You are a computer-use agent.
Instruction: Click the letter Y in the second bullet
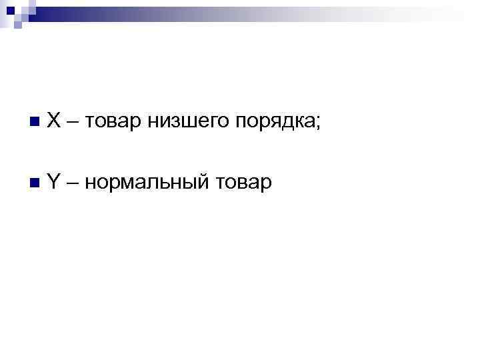(x=55, y=181)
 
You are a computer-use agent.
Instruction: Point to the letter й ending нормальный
(x=201, y=181)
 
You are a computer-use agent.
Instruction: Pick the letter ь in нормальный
(x=169, y=183)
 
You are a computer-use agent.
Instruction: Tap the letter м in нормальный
(x=129, y=183)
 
